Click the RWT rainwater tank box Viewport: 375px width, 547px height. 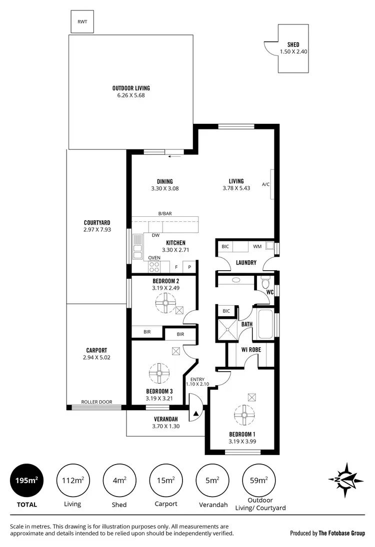[81, 21]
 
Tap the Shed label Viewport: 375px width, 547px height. [293, 45]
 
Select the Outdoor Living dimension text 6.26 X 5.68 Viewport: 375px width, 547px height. [131, 95]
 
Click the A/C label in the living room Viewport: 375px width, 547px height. [265, 184]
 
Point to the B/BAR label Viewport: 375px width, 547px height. [164, 214]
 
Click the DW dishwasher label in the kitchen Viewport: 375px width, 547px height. [155, 235]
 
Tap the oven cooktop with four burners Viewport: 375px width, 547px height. [154, 266]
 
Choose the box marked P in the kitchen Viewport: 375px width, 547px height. [189, 267]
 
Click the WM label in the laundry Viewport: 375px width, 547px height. [257, 246]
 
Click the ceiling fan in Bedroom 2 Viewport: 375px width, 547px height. [165, 302]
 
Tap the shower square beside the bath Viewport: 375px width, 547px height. [226, 329]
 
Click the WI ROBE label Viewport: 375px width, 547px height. [251, 350]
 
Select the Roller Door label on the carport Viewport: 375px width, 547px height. [97, 402]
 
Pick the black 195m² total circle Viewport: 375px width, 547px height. [26, 481]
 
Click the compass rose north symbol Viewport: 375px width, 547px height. [345, 480]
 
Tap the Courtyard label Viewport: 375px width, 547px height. [97, 223]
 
